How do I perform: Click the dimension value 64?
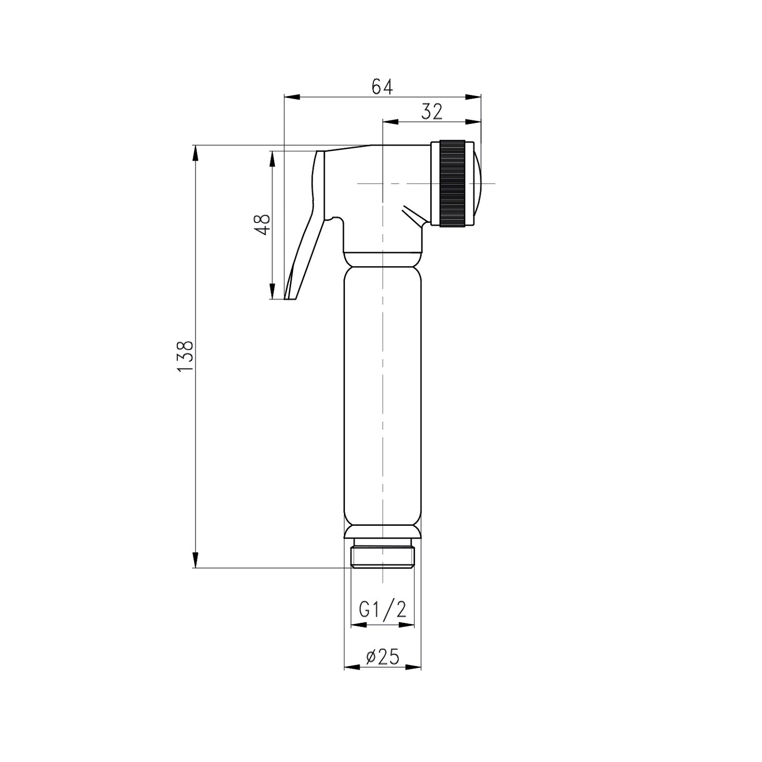382,86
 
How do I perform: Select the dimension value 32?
431,112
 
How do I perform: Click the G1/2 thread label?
382,610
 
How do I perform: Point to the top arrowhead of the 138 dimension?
196,153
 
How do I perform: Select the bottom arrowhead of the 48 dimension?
272,292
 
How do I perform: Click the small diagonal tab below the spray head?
413,216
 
